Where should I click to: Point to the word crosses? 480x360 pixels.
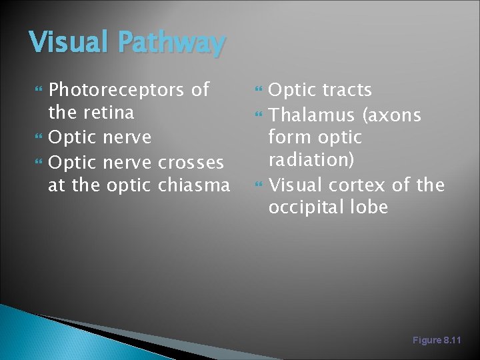pos(191,162)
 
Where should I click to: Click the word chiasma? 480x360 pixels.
pos(193,185)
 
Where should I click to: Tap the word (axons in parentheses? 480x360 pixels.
pos(391,116)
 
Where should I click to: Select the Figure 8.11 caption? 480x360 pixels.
pos(437,340)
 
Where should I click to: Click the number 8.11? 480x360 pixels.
pos(452,340)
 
